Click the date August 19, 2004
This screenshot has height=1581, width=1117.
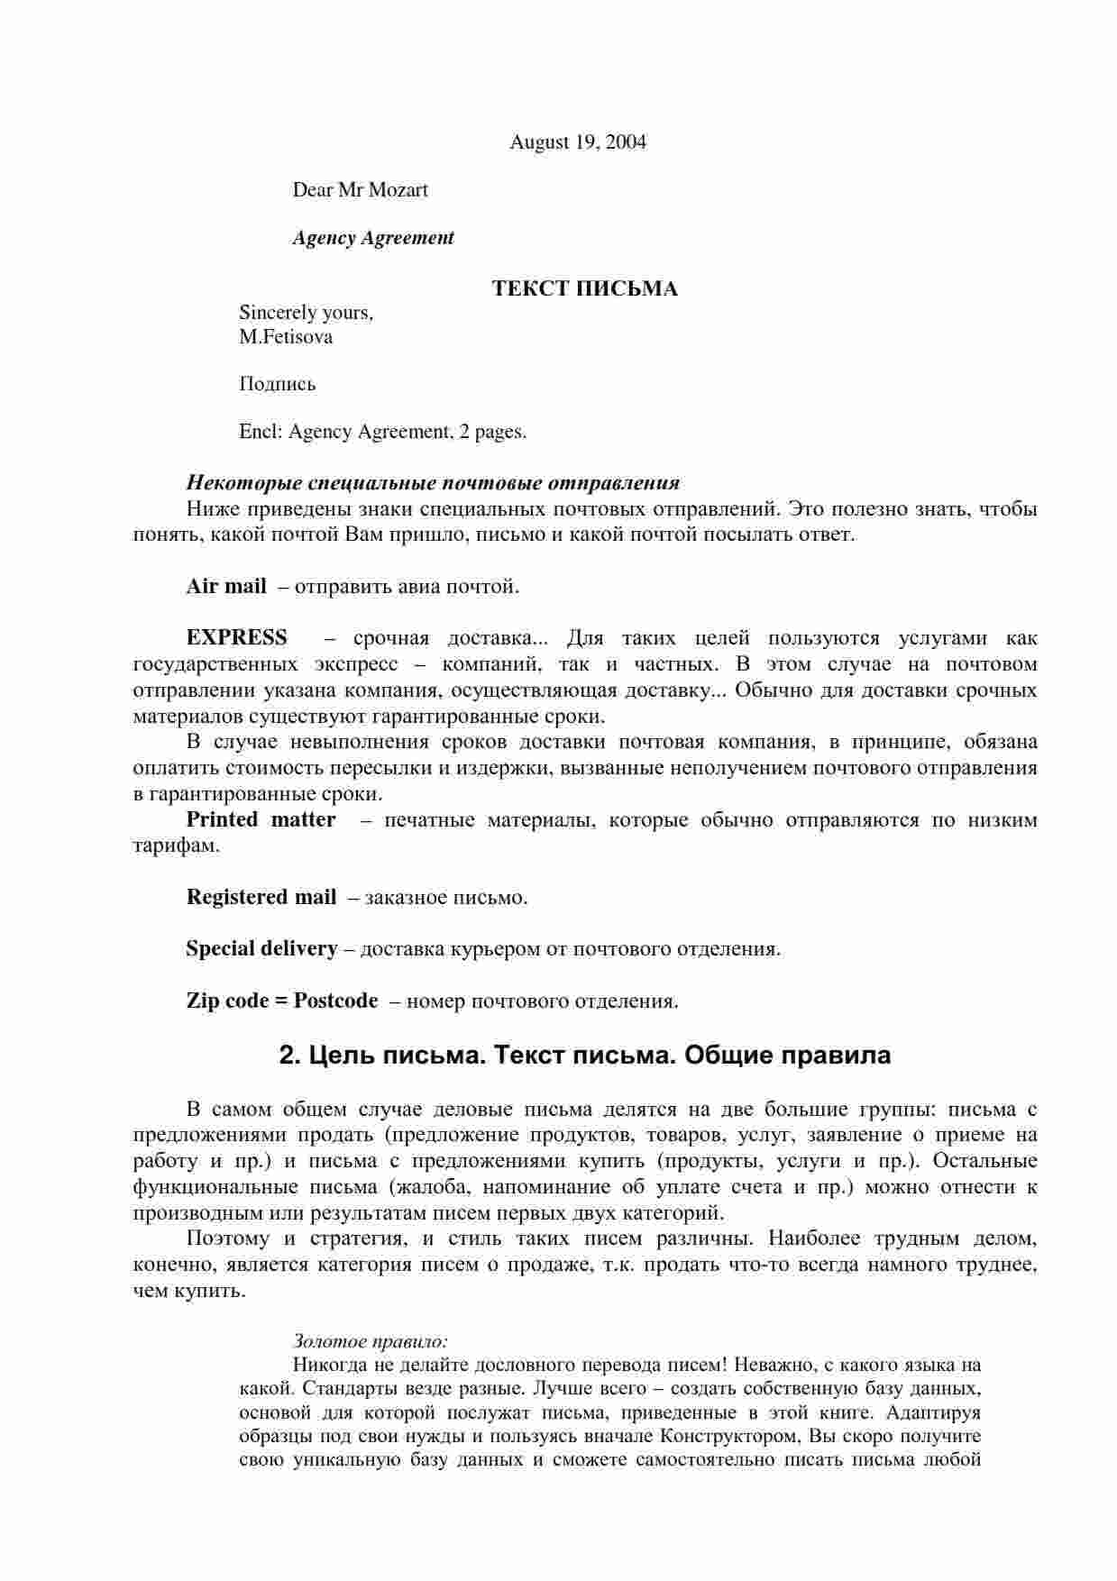coord(578,142)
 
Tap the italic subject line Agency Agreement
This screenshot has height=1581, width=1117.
coord(373,238)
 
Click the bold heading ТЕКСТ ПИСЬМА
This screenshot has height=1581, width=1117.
coord(584,289)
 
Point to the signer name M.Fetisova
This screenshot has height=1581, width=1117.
coord(286,337)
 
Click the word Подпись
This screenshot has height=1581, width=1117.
coord(278,385)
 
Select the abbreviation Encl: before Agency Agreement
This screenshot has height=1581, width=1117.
coord(261,432)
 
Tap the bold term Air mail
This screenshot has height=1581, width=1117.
coord(226,587)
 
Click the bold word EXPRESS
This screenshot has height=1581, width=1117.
coord(237,638)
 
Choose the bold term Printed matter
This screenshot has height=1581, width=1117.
coord(261,820)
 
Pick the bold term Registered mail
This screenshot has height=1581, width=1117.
coord(261,898)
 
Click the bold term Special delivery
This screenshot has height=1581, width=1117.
coord(261,949)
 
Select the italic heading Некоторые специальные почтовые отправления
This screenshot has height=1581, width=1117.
coord(433,482)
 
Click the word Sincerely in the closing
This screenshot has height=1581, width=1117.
coord(279,313)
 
